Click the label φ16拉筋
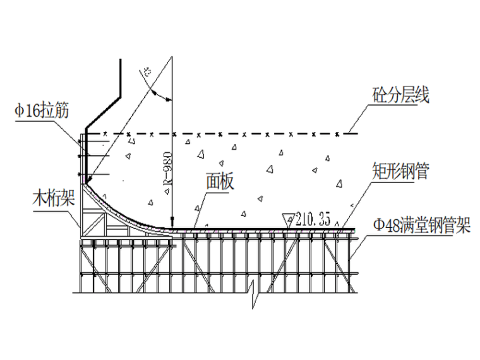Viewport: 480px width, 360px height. (x=43, y=111)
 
